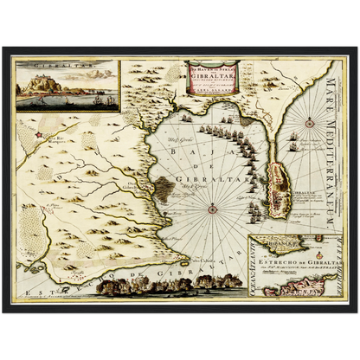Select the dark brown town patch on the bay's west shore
[145, 183]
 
